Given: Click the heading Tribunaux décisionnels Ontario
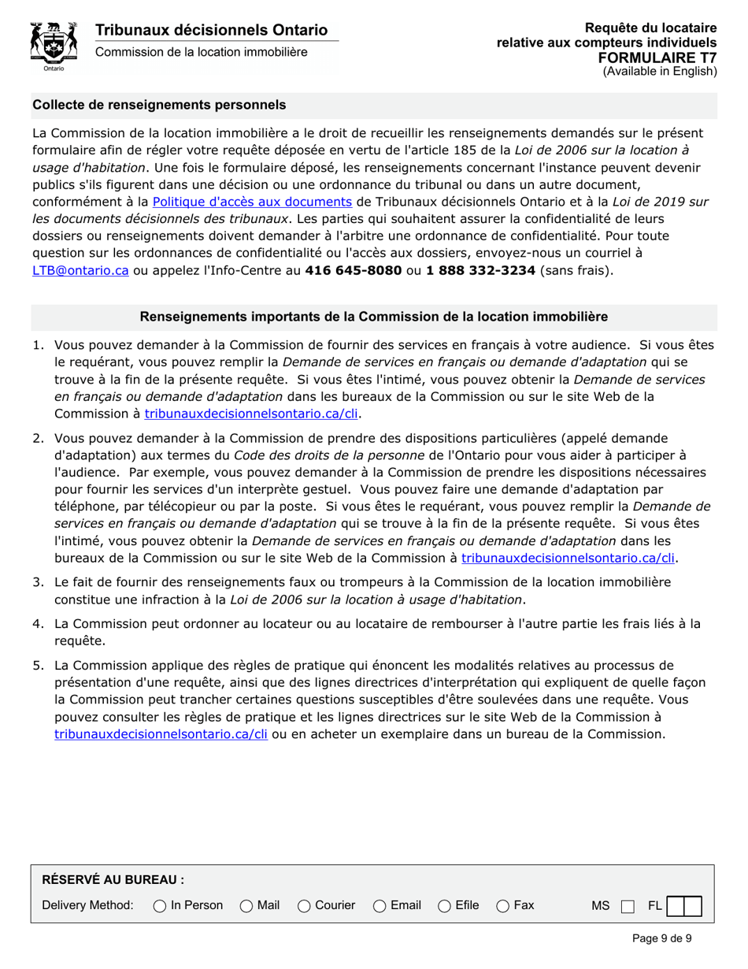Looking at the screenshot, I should click(211, 30).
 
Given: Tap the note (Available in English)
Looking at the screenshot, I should click(660, 71).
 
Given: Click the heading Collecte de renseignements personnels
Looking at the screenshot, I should click(159, 105).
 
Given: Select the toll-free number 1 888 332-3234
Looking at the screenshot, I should click(480, 270).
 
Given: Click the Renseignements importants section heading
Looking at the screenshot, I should click(374, 317).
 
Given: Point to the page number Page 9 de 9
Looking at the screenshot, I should click(661, 938).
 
